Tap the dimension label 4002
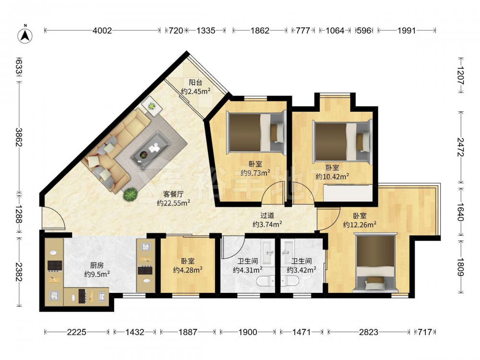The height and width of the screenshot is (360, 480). pos(102,31)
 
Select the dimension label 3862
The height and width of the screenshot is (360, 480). pos(19,137)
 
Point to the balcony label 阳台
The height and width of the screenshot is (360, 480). pos(195,83)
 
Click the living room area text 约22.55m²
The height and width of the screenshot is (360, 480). pos(174,203)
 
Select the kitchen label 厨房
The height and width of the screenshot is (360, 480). pos(97,265)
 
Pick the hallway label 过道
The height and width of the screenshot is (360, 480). pos(267,216)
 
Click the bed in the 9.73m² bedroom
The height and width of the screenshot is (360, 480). pos(256,132)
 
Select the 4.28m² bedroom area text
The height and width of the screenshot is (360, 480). pos(188,270)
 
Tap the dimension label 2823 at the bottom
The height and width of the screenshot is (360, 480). pos(369,332)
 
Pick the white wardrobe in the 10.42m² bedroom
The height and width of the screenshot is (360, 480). pos(348,193)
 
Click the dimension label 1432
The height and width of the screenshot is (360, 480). pos(135,332)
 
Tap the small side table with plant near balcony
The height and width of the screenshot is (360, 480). pos(152,106)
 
